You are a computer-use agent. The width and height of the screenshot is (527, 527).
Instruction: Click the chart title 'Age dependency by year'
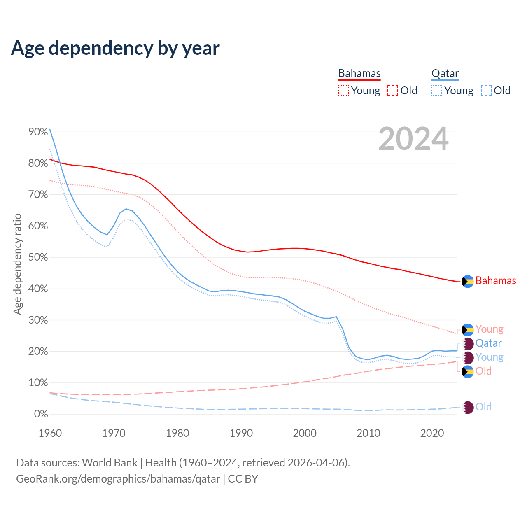[x=115, y=48]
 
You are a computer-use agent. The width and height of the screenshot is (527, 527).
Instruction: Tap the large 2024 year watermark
[x=413, y=139]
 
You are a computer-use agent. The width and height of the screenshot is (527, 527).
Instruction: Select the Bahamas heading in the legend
[x=359, y=74]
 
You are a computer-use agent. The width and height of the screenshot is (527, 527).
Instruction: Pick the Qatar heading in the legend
[x=445, y=74]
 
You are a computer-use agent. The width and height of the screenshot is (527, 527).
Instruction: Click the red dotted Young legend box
[x=343, y=91]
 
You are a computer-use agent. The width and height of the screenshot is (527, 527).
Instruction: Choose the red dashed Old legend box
[x=393, y=91]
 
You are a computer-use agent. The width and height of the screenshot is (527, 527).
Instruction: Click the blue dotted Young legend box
[x=437, y=91]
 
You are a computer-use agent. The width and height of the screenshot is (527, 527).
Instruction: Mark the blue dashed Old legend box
[x=486, y=91]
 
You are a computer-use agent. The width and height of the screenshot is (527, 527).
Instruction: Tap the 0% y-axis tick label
[x=41, y=414]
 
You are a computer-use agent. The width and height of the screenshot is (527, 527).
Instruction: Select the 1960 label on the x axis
[x=50, y=433]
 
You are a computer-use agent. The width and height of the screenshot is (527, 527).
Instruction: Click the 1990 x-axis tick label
[x=241, y=433]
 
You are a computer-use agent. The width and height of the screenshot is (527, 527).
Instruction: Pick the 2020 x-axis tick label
[x=432, y=433]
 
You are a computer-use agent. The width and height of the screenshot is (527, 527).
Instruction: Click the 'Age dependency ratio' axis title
[x=17, y=264]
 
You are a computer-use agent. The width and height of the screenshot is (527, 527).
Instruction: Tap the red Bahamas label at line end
[x=496, y=281]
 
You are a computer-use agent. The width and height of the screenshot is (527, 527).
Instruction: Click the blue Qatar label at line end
[x=489, y=343]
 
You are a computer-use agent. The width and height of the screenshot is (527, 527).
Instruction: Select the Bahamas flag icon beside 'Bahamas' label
[x=468, y=281]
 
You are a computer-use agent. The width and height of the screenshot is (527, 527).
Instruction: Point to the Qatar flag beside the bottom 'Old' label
[x=468, y=408]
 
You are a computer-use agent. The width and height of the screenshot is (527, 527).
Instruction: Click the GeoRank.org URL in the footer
[x=118, y=479]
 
